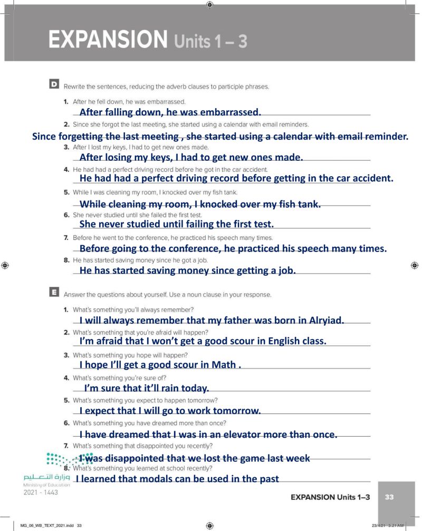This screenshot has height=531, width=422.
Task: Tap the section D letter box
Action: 54,84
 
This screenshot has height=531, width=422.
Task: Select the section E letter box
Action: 54,293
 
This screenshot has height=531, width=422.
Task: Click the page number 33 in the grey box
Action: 390,497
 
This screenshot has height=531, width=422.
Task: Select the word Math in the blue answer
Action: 223,365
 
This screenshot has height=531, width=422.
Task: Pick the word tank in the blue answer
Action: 309,204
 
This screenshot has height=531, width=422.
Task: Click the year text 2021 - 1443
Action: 41,493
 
